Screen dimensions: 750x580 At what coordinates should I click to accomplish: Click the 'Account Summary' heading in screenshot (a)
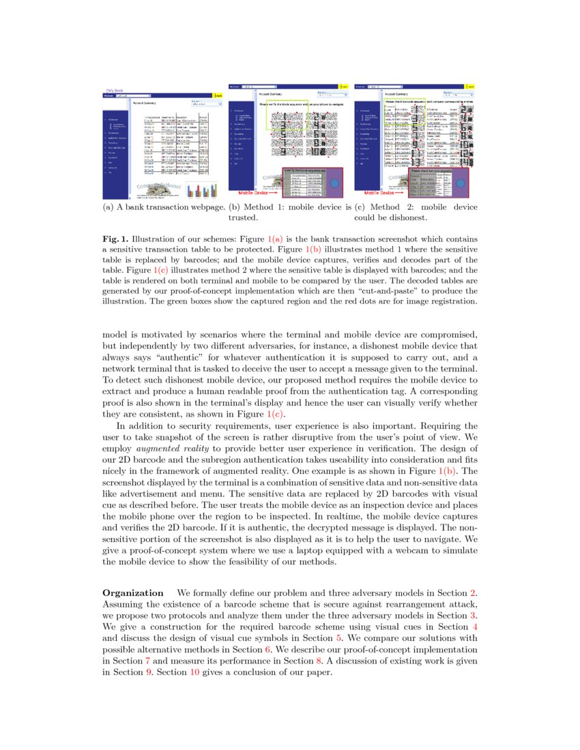(144, 103)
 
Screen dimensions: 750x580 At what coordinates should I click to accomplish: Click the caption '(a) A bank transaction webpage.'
(163, 207)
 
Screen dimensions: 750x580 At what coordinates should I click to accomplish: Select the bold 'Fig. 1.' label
(115, 240)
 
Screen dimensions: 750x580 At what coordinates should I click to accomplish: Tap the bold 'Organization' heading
(132, 592)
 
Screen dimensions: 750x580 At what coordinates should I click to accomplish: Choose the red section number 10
(194, 672)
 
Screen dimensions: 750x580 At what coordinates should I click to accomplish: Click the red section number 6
(268, 648)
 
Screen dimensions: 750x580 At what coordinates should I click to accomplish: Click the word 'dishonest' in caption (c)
(407, 218)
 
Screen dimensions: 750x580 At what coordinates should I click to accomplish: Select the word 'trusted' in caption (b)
(242, 218)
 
